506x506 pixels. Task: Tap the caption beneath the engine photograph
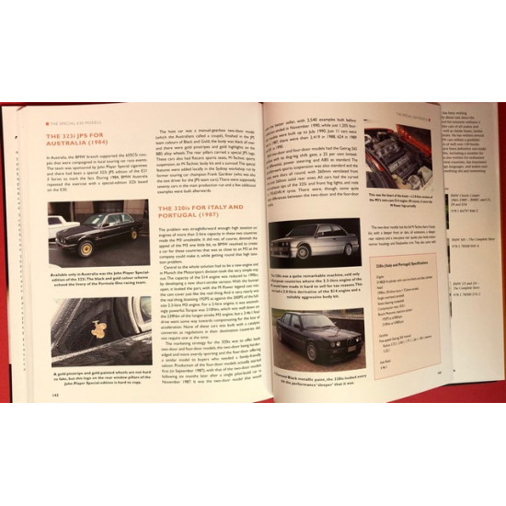tap(397, 201)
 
